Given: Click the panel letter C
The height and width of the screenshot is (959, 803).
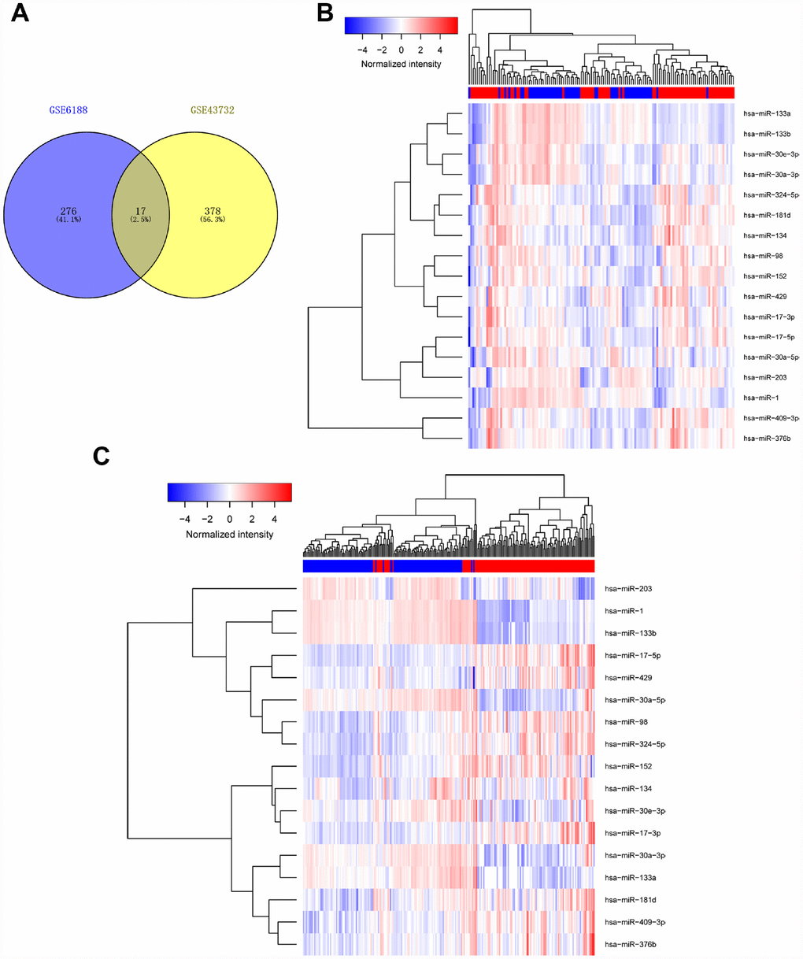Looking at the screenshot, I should (102, 457).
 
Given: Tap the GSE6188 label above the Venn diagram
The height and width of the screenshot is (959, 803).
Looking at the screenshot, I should (66, 110).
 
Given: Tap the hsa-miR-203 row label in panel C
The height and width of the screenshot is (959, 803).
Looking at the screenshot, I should (628, 588).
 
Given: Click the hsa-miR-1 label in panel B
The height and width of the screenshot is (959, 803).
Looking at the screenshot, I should (759, 398).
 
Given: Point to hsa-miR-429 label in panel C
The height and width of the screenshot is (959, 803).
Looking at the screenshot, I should (628, 677).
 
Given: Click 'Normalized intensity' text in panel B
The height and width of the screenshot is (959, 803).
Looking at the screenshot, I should (401, 64).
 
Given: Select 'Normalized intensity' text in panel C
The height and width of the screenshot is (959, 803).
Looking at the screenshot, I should (229, 534).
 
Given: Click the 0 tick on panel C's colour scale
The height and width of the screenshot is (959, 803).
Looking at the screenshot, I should (230, 519).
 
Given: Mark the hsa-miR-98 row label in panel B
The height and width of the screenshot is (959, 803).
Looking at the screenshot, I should (760, 256).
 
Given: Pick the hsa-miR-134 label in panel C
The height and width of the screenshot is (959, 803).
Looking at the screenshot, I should (628, 788).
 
